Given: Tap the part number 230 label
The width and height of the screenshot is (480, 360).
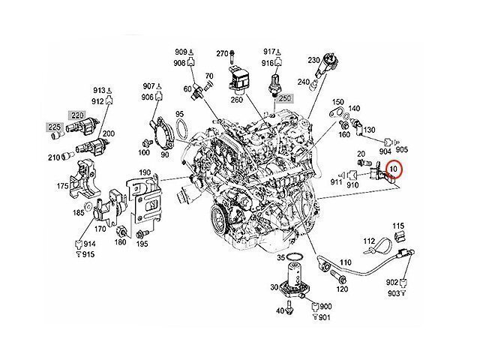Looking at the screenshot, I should (314, 58).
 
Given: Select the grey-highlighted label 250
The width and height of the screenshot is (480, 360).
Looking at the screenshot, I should (284, 98).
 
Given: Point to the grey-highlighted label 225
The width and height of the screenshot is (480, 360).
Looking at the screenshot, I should (55, 127).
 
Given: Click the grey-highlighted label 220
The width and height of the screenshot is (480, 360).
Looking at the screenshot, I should (78, 115).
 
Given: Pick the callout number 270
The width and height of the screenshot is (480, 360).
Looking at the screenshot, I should (221, 53).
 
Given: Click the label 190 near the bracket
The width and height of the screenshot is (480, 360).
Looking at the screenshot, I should (145, 174).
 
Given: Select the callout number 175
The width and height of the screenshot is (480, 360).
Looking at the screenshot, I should (64, 185).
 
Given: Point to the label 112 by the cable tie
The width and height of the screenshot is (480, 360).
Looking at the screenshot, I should (369, 241).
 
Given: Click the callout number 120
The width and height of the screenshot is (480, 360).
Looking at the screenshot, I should (342, 288).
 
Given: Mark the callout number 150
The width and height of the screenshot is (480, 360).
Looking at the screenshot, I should (337, 102).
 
